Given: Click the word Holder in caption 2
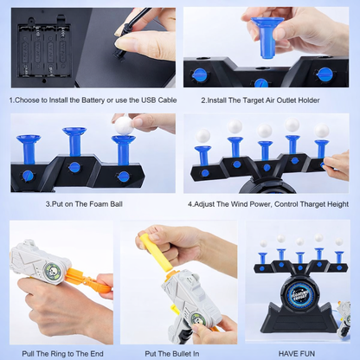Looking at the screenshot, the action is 309,100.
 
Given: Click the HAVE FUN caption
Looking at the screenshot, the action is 296,354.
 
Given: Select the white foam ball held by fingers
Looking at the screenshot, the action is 124,125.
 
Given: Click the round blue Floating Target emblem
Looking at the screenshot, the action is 300,293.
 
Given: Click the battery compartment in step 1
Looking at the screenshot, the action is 45,49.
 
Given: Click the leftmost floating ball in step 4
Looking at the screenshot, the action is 202,136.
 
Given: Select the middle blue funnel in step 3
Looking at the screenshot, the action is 74,143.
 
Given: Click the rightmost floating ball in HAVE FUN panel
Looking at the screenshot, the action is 339,241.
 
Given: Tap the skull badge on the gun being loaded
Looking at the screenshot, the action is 198,318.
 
